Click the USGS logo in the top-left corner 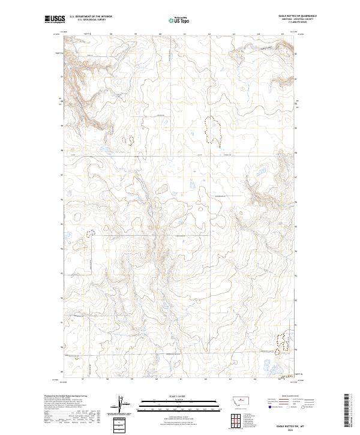[55, 20]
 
